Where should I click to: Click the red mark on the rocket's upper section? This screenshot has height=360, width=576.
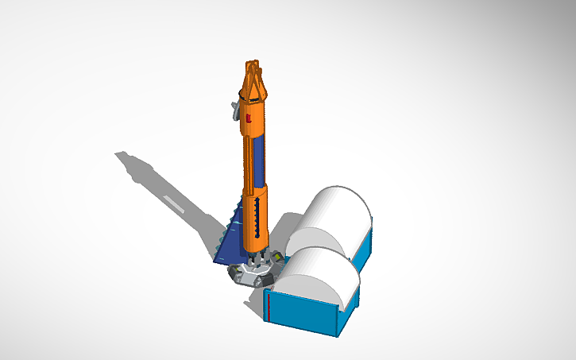pyautogui.click(x=248, y=118)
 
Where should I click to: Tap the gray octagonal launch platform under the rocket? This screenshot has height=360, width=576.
pyautogui.click(x=254, y=272)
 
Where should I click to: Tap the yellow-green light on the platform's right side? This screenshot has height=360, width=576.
pyautogui.click(x=279, y=256)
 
